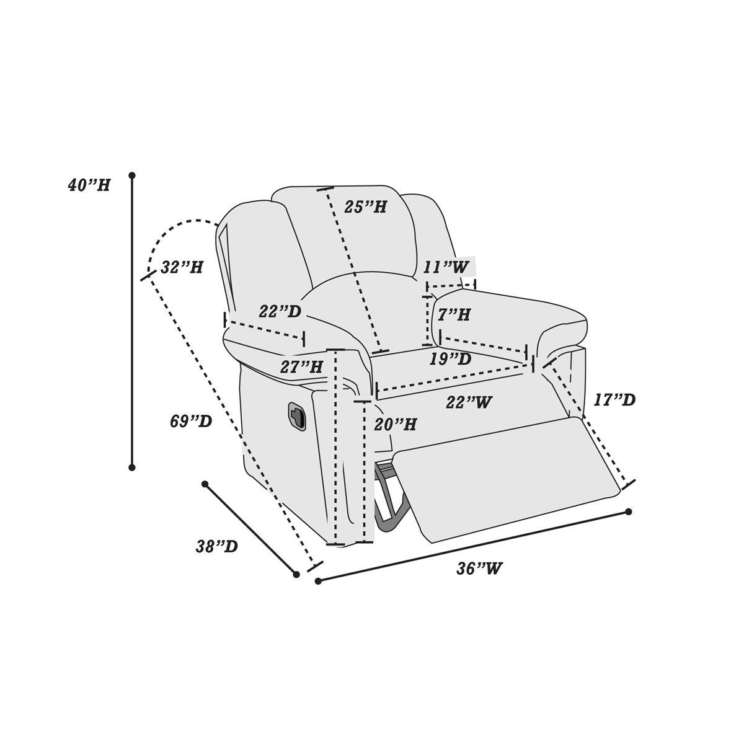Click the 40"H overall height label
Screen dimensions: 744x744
click(89, 186)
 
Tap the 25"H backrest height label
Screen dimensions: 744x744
click(365, 207)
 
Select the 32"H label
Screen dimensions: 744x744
click(182, 267)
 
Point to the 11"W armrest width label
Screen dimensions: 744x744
click(446, 267)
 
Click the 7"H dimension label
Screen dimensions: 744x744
click(454, 315)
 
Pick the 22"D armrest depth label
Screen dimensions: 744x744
click(280, 312)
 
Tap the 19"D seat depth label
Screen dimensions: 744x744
click(451, 359)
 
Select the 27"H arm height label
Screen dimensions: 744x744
click(301, 367)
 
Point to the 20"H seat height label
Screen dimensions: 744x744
click(396, 425)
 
